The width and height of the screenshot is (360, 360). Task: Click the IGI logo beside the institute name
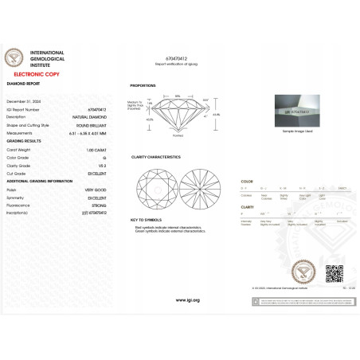(15, 57)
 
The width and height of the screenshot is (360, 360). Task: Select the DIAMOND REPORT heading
(23, 83)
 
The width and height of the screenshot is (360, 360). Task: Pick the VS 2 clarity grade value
(101, 165)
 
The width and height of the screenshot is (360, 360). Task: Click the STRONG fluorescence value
(99, 206)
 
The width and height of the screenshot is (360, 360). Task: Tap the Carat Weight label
(19, 149)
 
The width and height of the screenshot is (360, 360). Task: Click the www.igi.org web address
(187, 299)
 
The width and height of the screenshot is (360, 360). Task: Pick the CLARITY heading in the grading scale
(247, 206)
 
